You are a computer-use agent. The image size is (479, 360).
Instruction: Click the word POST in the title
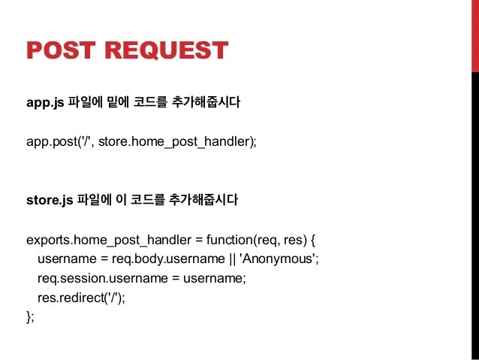61,50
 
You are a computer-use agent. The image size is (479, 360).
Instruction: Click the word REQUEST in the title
167,50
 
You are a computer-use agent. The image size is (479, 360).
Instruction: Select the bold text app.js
45,102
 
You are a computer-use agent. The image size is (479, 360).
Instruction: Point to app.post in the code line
52,142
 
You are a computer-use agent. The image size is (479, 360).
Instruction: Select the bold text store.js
50,201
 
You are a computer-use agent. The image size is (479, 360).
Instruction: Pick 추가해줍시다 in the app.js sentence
206,102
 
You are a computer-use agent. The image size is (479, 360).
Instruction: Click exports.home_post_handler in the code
109,240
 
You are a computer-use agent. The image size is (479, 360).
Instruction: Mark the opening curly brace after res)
313,241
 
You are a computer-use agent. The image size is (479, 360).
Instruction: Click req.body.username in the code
168,259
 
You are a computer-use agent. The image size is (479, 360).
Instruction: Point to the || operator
232,259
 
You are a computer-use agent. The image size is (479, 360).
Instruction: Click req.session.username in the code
103,279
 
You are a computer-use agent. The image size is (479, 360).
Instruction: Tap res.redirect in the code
71,298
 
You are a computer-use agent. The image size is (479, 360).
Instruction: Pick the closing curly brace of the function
29,317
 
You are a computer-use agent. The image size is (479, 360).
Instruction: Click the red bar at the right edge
475,36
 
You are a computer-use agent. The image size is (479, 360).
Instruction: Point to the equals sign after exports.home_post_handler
199,240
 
